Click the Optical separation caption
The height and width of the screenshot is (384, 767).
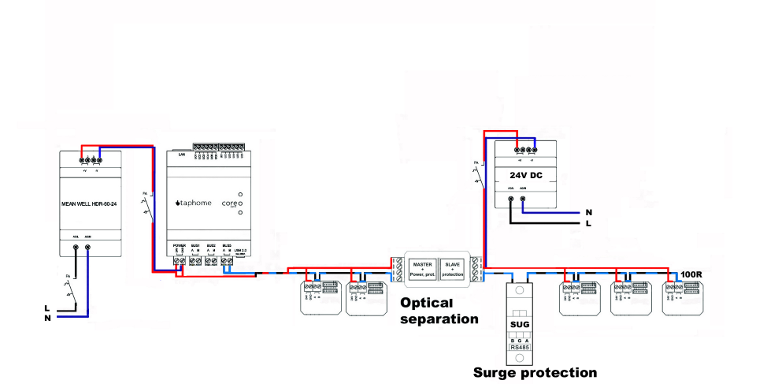tap(439, 311)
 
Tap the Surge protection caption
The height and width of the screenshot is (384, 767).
tap(535, 372)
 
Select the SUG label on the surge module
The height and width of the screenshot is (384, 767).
tap(521, 323)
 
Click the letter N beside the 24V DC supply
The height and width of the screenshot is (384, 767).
tap(588, 212)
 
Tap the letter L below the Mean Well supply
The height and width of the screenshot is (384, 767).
tap(48, 308)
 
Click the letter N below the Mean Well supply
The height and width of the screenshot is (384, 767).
tap(48, 318)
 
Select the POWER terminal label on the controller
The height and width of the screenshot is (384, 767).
tap(180, 246)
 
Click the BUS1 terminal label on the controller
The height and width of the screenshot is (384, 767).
tap(195, 246)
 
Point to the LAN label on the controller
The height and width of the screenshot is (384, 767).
tap(182, 155)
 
